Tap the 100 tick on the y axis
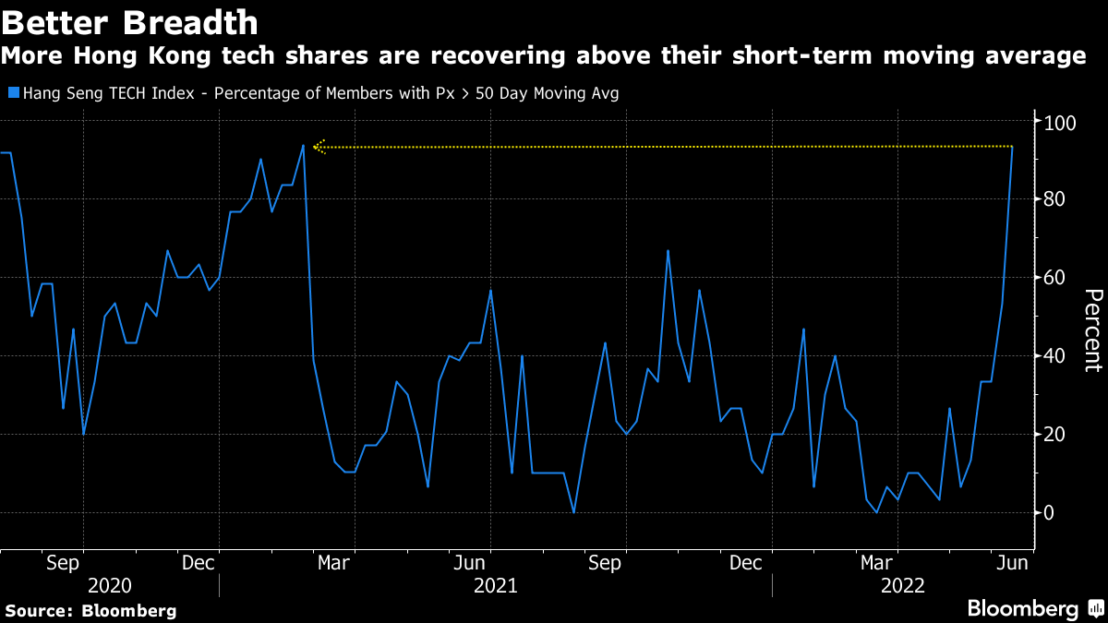[1056, 122]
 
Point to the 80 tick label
[1056, 199]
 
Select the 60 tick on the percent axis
[1056, 278]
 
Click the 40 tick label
[1056, 356]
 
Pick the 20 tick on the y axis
[1056, 435]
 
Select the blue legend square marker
[13, 93]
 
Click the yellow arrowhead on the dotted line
[318, 146]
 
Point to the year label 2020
[109, 585]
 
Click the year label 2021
[495, 585]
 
